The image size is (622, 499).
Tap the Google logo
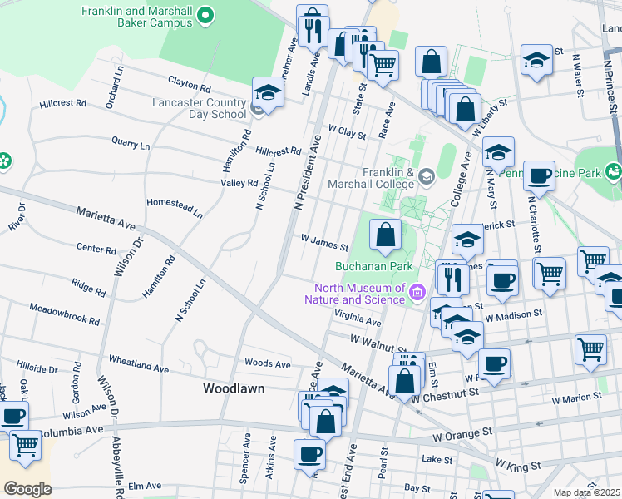27,489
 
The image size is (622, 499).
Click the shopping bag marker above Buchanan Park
386,235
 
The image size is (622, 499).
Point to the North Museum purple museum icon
417,292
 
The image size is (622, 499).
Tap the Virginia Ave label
358,316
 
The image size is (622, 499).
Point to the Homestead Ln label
174,207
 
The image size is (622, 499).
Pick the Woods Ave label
268,363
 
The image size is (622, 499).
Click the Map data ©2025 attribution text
587,492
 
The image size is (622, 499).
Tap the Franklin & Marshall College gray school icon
427,175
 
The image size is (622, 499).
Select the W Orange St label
462,435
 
